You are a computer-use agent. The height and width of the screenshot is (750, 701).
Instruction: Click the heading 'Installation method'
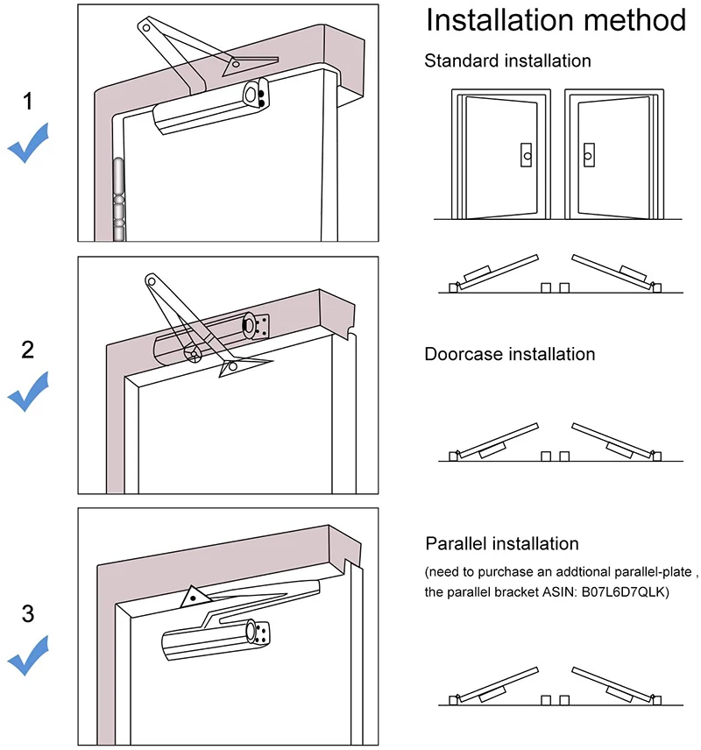tap(555, 20)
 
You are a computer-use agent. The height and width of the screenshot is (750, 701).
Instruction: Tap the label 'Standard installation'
tap(507, 60)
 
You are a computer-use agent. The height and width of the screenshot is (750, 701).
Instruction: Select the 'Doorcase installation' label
tap(509, 354)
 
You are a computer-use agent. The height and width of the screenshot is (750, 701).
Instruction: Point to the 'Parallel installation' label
tap(502, 544)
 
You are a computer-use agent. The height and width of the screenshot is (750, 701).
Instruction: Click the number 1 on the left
tap(28, 102)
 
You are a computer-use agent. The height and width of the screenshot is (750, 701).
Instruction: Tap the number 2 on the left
tap(28, 350)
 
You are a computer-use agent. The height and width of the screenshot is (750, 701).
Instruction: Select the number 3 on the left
tap(28, 614)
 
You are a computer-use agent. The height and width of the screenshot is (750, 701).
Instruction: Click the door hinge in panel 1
tap(118, 200)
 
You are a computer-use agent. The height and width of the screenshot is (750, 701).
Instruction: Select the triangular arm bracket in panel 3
tap(192, 598)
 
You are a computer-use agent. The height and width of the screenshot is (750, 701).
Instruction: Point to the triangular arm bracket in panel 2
tap(232, 367)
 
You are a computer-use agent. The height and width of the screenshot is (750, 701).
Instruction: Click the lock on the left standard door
tap(525, 155)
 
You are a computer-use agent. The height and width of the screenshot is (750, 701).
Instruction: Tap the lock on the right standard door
tap(589, 155)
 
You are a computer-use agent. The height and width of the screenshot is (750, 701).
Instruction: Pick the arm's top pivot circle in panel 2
tap(152, 282)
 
